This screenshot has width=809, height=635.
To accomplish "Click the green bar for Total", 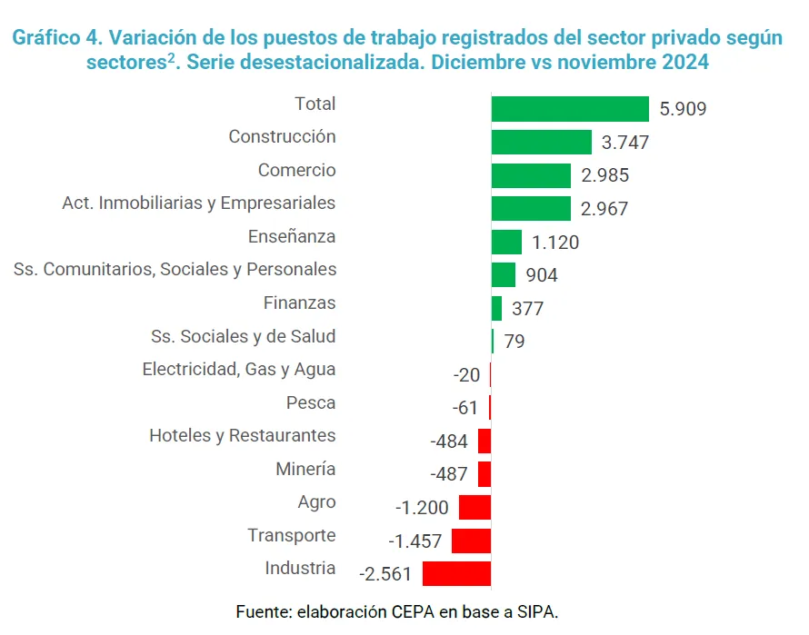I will point(570,109).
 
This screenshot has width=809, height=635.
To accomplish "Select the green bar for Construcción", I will point(542,143).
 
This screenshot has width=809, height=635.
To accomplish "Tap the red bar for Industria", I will point(456,573).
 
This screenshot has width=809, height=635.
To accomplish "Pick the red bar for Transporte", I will point(471,541).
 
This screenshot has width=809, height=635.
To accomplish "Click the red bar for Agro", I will point(474,507).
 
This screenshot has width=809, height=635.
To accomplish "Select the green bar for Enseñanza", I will point(506,242).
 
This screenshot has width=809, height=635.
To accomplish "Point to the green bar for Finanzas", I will point(496,309).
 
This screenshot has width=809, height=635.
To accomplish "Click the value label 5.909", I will point(683,109).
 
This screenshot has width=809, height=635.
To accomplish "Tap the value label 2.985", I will point(604,175).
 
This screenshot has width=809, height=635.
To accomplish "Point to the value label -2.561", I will point(385,574).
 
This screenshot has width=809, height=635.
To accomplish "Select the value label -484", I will point(449,442).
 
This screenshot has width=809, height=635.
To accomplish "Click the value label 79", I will point(514,342).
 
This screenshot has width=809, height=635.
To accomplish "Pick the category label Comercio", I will point(296,170).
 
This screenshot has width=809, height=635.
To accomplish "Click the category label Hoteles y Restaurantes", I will point(242,435).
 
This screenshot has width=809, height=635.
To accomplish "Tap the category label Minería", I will point(305,469).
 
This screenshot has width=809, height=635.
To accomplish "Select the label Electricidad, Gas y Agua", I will point(239,369).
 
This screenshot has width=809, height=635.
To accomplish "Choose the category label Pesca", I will point(310,402).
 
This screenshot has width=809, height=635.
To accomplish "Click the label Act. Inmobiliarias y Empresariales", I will point(198,203).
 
